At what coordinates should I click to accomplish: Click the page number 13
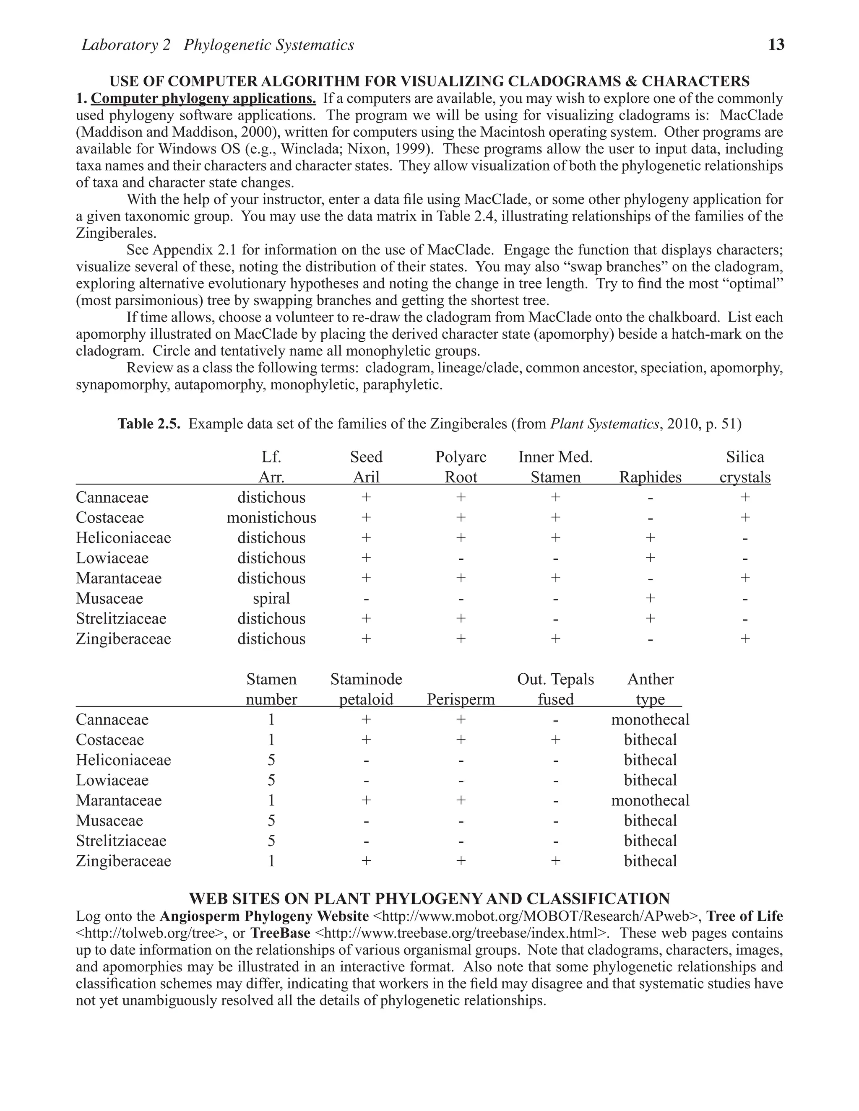tap(776, 45)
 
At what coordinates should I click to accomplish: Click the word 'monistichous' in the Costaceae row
tap(271, 518)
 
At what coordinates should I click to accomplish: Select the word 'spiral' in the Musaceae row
tap(271, 599)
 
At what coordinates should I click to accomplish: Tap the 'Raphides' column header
tap(650, 477)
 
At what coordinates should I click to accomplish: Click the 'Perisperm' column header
tap(461, 699)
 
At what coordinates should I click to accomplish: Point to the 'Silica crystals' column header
tap(744, 467)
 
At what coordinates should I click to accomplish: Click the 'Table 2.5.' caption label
tap(149, 424)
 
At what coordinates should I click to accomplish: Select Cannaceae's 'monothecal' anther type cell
tap(650, 720)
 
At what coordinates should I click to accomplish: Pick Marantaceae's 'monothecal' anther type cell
tap(650, 800)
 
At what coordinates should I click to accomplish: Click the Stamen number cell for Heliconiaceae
tap(271, 760)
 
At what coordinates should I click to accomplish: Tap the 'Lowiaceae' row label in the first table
tap(112, 558)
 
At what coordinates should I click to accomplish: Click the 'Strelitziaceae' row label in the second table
tap(121, 841)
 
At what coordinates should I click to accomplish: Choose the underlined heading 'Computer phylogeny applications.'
tap(203, 98)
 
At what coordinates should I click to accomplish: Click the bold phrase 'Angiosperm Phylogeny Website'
tap(264, 916)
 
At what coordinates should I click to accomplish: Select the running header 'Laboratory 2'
tap(126, 45)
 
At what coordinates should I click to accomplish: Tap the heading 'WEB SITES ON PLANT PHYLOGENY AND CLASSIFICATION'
tap(429, 898)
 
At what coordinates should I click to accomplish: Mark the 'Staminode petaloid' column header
tap(366, 689)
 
